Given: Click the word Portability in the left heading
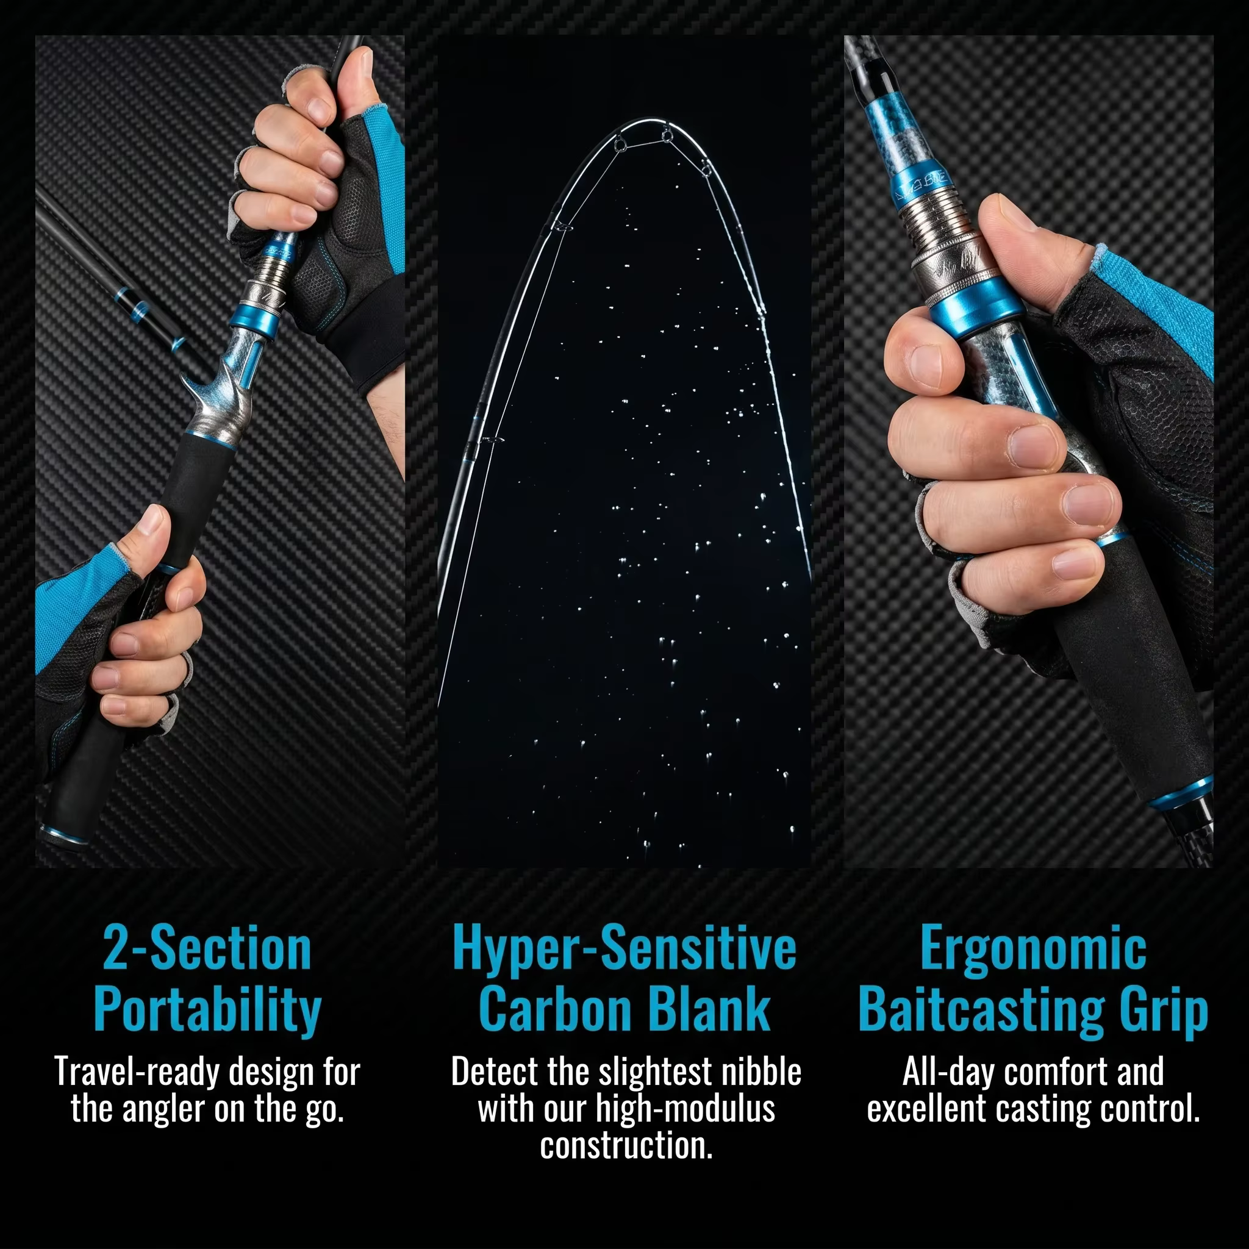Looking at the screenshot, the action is [207, 1011].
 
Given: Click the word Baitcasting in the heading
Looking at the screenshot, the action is [982, 1011].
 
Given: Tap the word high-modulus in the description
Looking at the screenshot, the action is [685, 1109].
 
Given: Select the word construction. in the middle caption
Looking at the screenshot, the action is [626, 1146].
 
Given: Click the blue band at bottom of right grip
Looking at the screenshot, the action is [1181, 793].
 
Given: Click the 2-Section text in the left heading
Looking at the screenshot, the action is [207, 949].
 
